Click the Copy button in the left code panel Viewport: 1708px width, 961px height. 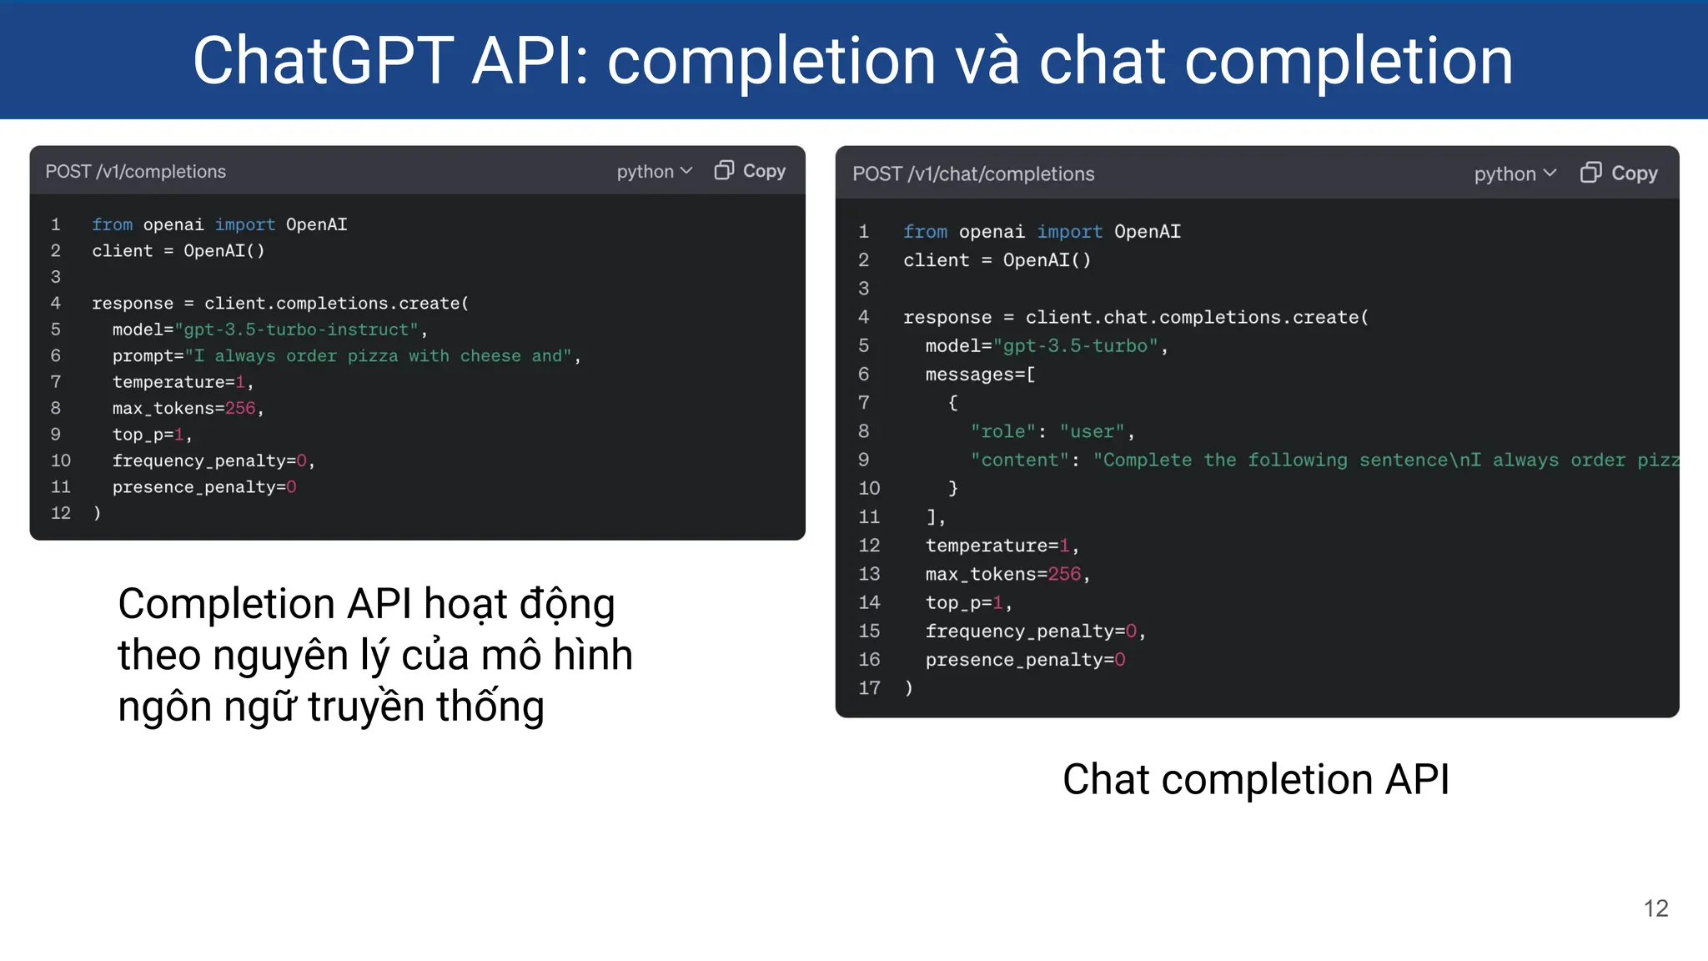point(751,171)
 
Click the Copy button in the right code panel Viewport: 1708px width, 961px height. point(1619,174)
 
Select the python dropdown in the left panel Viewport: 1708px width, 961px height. point(655,172)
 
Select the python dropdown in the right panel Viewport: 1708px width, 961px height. point(1515,174)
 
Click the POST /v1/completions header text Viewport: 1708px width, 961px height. point(136,172)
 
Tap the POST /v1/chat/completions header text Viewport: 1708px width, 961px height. point(973,174)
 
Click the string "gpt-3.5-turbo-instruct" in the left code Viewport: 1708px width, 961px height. point(297,330)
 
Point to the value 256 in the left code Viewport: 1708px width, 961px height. point(240,408)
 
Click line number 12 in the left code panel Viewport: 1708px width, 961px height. point(61,513)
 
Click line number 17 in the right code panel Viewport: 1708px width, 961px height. point(869,688)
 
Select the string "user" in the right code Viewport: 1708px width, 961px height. point(1093,431)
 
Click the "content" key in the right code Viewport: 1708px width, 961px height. point(1020,460)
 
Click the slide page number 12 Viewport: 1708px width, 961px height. point(1655,908)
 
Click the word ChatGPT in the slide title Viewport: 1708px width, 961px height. point(324,61)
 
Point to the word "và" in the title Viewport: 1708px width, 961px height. point(987,61)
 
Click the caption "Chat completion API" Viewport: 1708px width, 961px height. point(1256,780)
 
